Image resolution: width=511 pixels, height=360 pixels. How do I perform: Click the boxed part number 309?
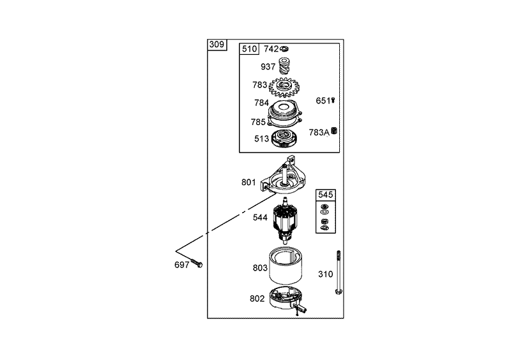click(217, 45)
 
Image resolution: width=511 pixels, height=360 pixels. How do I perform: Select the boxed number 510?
click(248, 49)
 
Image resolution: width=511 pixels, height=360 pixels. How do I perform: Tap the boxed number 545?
click(326, 194)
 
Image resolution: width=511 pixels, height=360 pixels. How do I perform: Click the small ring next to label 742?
click(286, 49)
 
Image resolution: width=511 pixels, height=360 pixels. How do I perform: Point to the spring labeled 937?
click(287, 66)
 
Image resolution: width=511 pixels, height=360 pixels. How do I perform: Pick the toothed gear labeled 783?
click(286, 86)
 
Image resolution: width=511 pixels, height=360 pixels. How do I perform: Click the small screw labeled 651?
click(333, 101)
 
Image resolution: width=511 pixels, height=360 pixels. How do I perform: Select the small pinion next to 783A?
click(334, 131)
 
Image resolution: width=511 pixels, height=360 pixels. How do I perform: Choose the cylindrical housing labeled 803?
click(289, 268)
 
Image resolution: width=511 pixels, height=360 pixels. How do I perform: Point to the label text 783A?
click(318, 132)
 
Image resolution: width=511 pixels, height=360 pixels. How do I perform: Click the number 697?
click(182, 264)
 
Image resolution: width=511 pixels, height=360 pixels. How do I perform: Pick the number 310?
click(326, 274)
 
